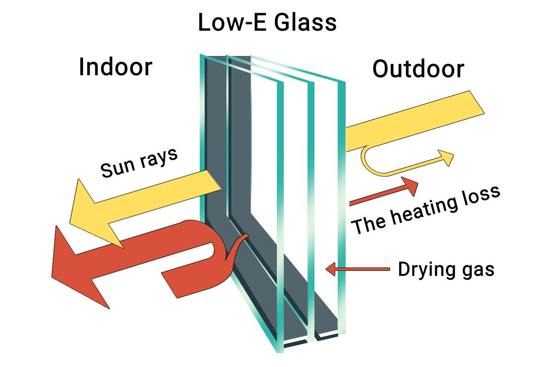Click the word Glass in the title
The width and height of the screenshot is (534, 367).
[306, 22]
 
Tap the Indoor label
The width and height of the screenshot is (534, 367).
[115, 67]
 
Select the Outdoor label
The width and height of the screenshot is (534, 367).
[418, 69]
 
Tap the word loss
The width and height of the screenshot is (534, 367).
[482, 196]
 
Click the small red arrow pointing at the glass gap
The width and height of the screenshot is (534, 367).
[357, 269]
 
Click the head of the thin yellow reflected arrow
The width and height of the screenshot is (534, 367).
[446, 157]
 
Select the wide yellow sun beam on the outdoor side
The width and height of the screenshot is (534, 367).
[415, 121]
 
